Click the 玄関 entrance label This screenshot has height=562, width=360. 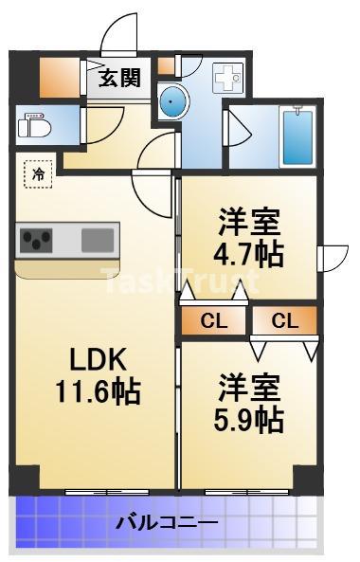pyautogui.click(x=119, y=78)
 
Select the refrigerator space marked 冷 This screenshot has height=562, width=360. pyautogui.click(x=38, y=174)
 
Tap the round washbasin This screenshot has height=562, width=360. pyautogui.click(x=173, y=102)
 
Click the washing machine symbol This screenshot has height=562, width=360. pyautogui.click(x=227, y=77)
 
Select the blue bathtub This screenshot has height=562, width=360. pyautogui.click(x=297, y=137)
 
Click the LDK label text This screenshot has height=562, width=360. pyautogui.click(x=98, y=359)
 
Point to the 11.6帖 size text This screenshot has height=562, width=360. pyautogui.click(x=98, y=391)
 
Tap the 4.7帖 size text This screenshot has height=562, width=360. pyautogui.click(x=248, y=255)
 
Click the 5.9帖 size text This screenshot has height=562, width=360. pyautogui.click(x=249, y=419)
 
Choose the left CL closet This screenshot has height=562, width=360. pyautogui.click(x=213, y=320)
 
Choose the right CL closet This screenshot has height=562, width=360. pyautogui.click(x=285, y=320)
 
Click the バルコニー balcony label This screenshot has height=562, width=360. pyautogui.click(x=167, y=523)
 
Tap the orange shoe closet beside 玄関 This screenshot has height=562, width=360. pyautogui.click(x=60, y=78)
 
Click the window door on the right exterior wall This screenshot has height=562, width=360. pyautogui.click(x=333, y=259)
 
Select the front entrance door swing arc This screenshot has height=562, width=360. pyautogui.click(x=119, y=34)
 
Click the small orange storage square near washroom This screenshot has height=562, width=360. pyautogui.click(x=166, y=66)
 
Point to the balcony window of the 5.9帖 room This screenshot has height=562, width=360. pyautogui.click(x=247, y=493)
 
